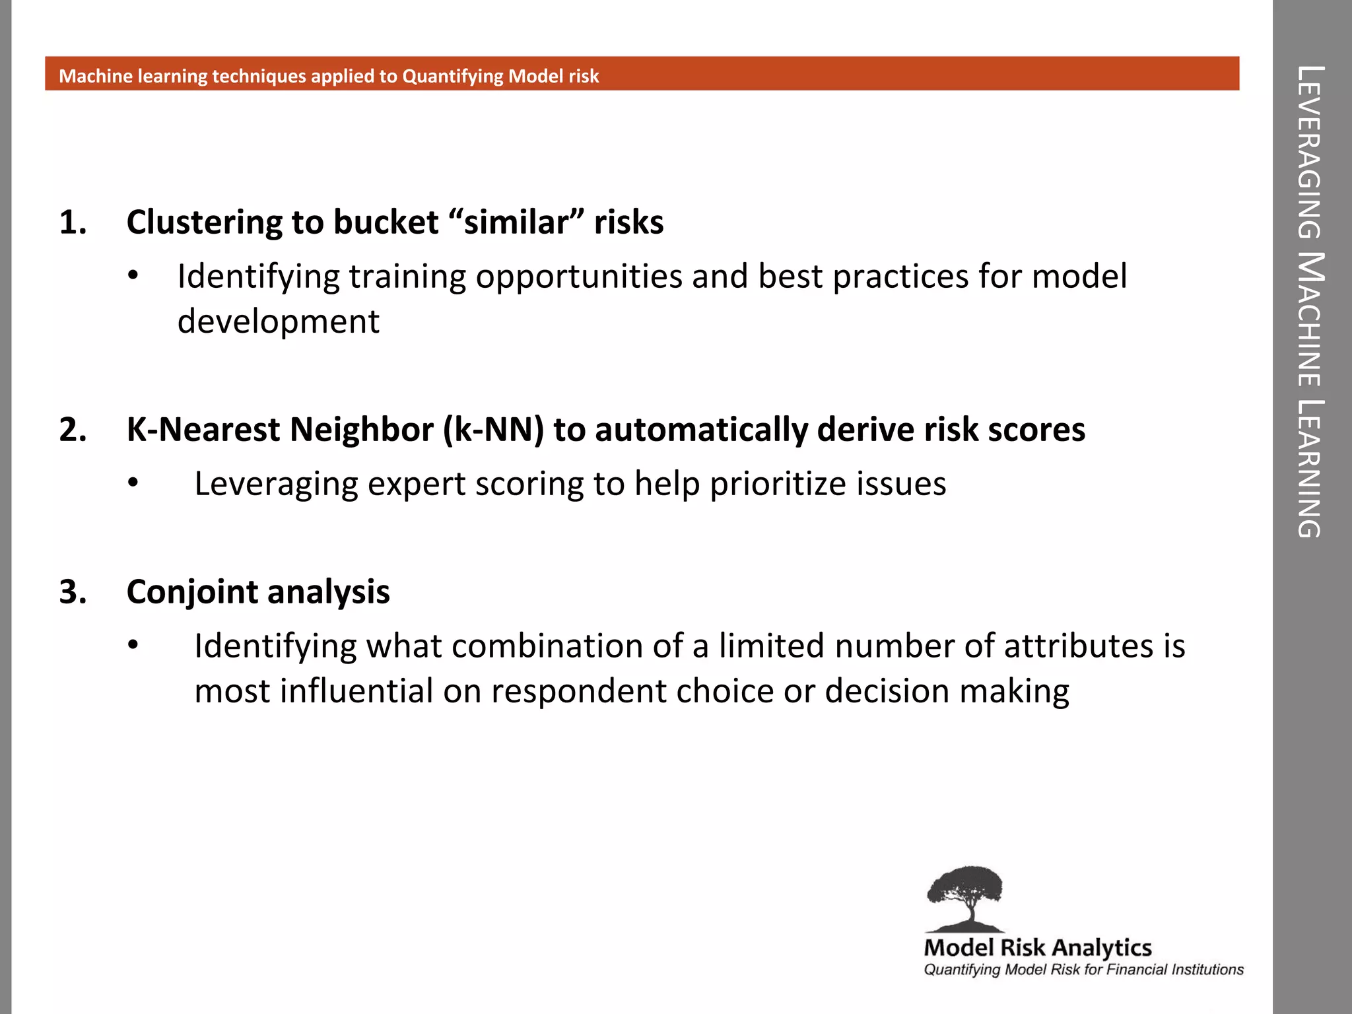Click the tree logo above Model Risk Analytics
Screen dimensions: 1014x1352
(965, 898)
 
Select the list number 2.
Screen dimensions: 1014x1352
(73, 430)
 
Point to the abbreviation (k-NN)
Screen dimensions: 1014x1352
(494, 430)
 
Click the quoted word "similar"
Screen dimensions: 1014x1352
(517, 222)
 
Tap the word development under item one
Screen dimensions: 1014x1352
(278, 322)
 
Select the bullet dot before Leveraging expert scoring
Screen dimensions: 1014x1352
(133, 483)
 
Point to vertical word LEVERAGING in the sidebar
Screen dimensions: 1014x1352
(1310, 152)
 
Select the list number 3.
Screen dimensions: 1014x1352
(73, 592)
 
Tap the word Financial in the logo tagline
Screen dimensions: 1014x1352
(1137, 970)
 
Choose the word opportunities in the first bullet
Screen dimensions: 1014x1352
(579, 277)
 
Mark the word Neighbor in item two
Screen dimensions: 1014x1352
(361, 430)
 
